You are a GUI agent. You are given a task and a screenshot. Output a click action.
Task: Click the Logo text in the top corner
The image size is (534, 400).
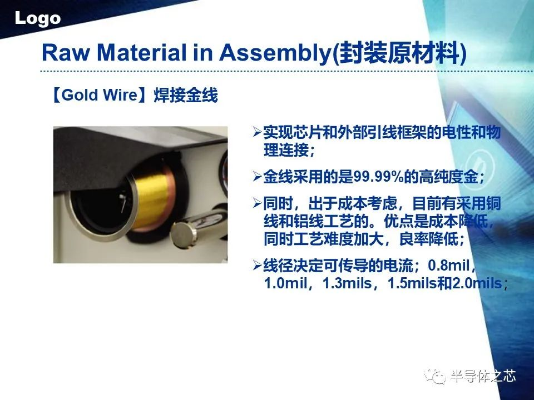37,18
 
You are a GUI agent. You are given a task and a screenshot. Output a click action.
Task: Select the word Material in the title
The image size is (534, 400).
142,53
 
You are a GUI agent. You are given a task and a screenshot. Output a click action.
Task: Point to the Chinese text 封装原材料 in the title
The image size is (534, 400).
398,53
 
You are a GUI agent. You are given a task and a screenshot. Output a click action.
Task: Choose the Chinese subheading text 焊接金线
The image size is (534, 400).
186,95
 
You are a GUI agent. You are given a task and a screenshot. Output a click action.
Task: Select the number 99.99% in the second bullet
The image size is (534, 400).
378,177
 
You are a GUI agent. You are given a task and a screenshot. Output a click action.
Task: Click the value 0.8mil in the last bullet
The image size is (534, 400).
449,265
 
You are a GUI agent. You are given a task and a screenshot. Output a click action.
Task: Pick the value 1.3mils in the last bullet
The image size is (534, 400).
347,283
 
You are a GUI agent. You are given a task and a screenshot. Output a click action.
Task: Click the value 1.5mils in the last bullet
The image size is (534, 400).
412,283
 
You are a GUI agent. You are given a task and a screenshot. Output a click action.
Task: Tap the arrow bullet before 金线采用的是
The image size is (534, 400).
258,177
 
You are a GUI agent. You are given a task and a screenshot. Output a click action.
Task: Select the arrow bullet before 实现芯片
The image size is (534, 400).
258,132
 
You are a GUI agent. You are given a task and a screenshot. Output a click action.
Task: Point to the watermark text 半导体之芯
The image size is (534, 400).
483,377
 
